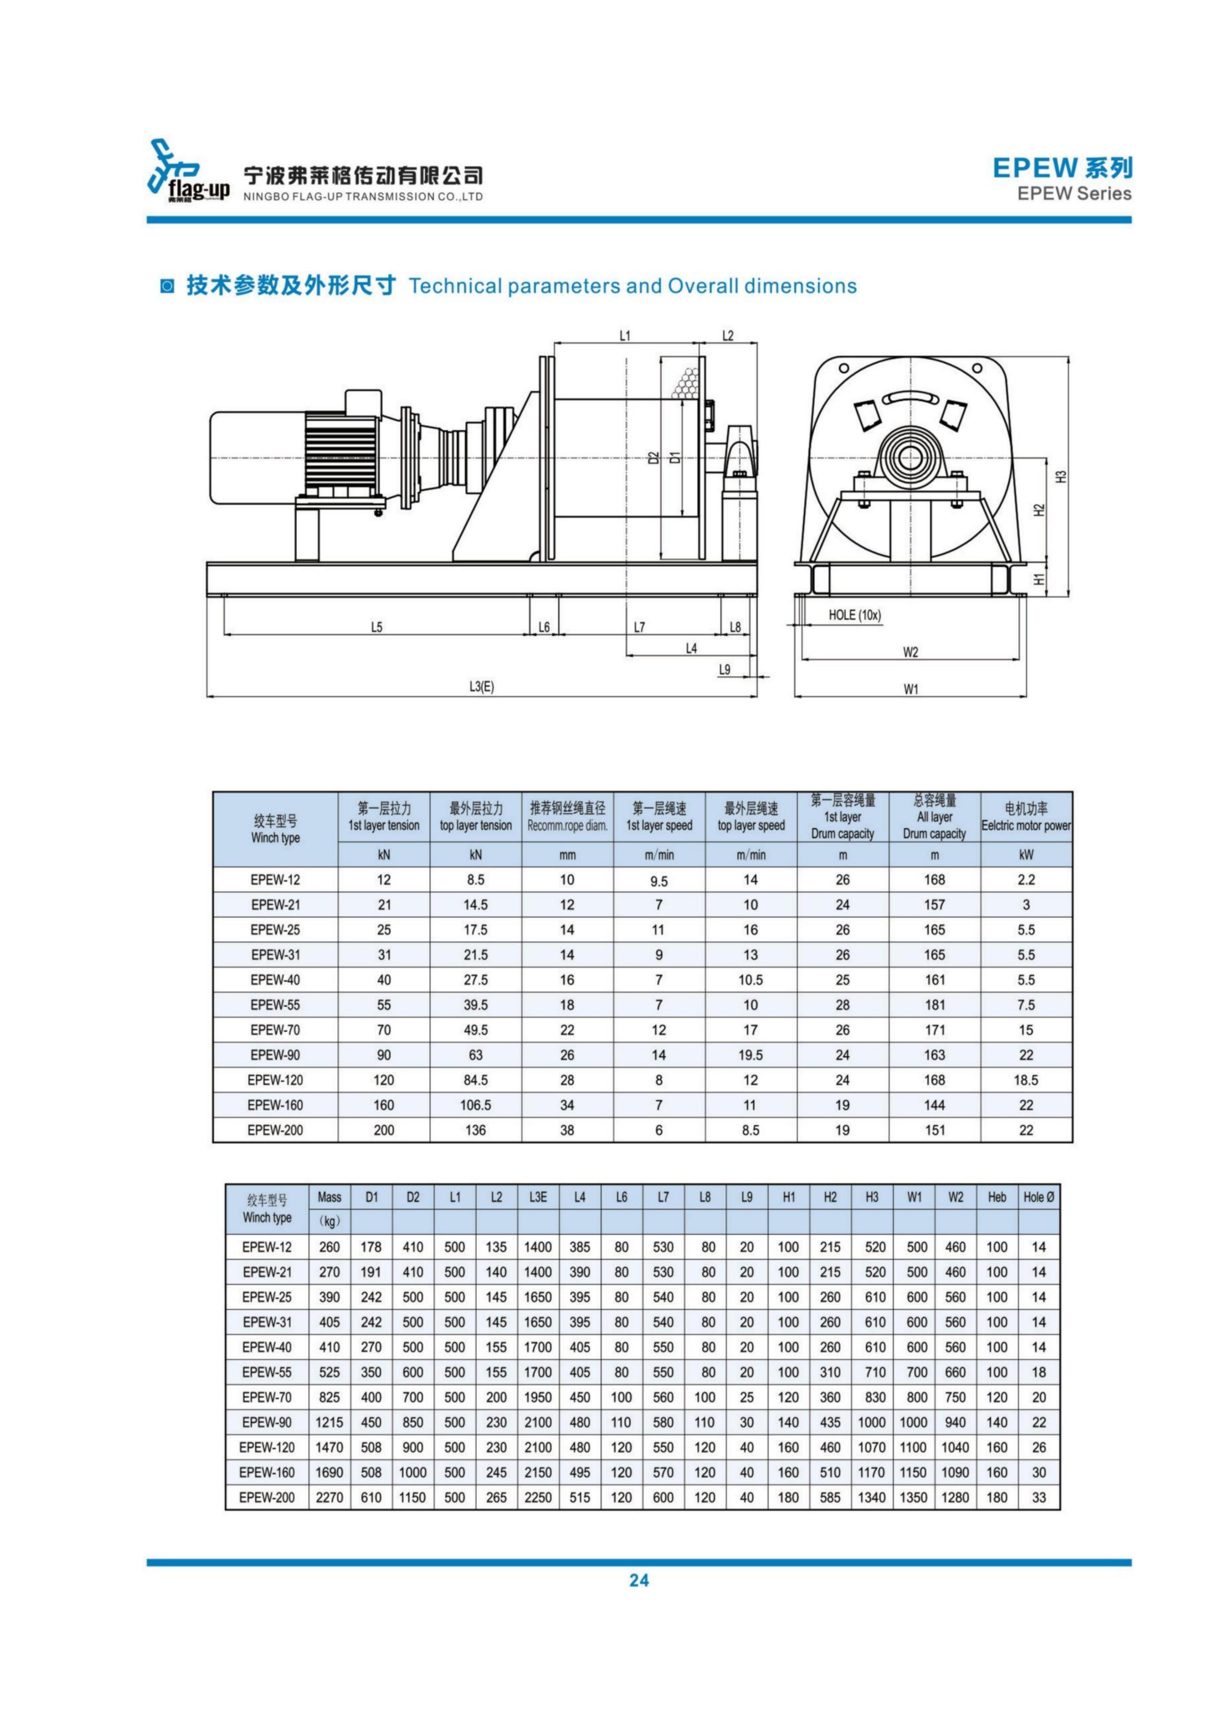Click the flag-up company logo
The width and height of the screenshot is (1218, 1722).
188,171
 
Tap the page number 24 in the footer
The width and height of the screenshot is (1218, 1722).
638,1580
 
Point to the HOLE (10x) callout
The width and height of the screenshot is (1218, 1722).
854,615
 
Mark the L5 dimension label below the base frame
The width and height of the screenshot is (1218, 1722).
377,627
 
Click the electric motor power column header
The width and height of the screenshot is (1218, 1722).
1026,817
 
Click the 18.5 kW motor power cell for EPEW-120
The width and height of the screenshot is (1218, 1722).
1026,1080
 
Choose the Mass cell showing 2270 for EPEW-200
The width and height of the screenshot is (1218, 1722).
329,1498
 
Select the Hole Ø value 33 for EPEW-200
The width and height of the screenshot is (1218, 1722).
1039,1498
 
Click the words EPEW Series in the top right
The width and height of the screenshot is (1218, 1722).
1074,194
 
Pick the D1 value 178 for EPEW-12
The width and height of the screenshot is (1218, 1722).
371,1247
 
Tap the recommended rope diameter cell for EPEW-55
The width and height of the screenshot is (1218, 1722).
567,1005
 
